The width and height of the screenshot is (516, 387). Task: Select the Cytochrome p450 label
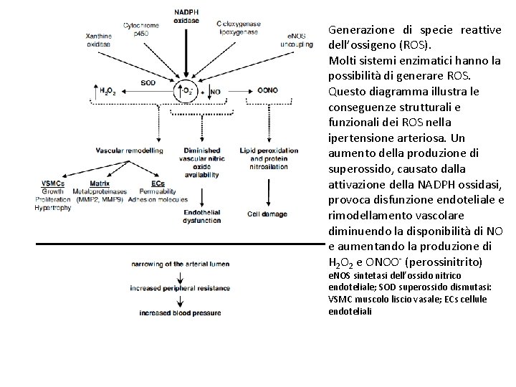coord(140,29)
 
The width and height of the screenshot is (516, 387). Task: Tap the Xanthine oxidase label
coord(98,40)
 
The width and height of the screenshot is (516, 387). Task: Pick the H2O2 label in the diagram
coord(107,92)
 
